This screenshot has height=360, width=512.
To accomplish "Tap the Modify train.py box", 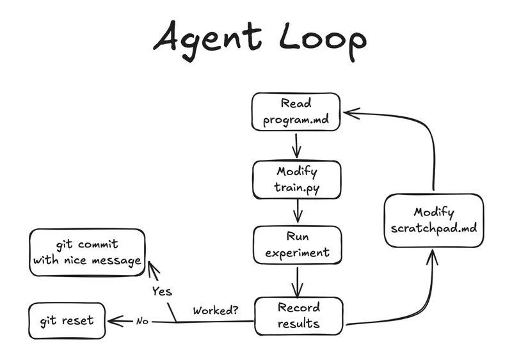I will [296, 180].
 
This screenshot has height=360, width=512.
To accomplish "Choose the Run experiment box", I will [297, 244].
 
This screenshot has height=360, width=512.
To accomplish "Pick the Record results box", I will [298, 316].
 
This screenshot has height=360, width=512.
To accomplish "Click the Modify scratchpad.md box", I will [433, 221].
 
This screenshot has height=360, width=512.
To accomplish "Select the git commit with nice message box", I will [87, 252].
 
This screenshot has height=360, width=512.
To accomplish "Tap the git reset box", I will [67, 320].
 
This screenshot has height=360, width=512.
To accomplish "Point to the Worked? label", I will [216, 311].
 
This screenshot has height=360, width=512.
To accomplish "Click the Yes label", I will [163, 291].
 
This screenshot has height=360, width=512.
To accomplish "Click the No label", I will [142, 321].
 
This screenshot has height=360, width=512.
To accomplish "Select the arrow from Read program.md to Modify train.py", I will [296, 145].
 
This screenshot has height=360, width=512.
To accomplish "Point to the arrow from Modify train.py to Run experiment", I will [297, 210].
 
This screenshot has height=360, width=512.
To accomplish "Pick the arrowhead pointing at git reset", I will [115, 320].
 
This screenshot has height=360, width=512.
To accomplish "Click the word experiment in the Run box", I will [297, 252].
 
